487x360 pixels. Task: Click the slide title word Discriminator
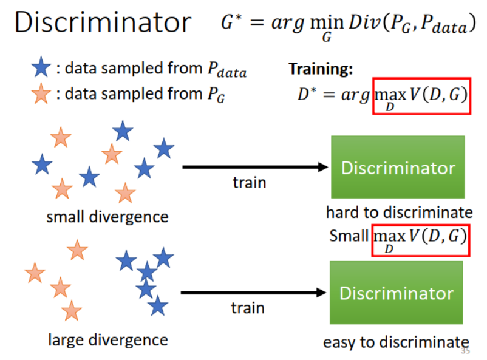103,23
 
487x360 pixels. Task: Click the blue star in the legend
41,69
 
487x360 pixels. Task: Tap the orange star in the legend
41,94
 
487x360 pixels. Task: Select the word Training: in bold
321,69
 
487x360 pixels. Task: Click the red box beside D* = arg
421,97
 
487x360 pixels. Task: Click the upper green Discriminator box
398,167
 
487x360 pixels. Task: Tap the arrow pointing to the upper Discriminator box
255,168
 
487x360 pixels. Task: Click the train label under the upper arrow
249,182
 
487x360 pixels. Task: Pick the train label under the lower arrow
248,308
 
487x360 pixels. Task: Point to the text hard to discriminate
399,212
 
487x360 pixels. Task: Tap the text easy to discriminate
396,342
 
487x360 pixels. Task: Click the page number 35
466,351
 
